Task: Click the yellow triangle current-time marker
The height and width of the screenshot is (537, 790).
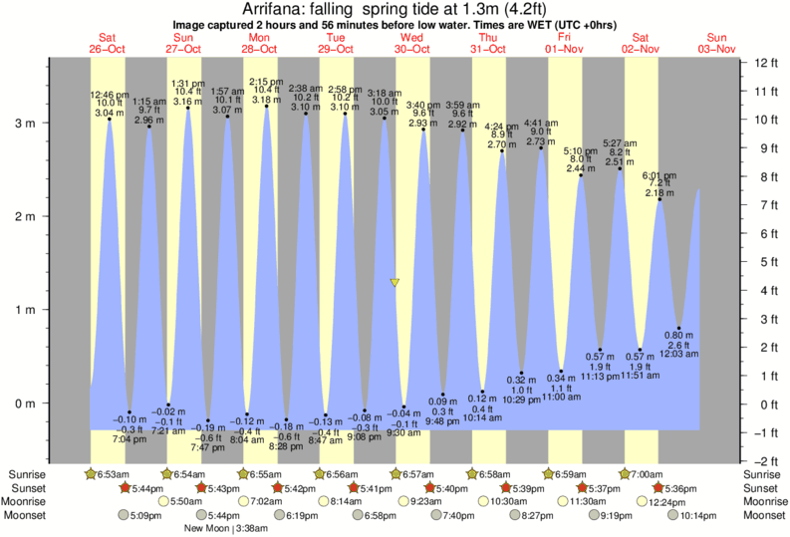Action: pyautogui.click(x=395, y=283)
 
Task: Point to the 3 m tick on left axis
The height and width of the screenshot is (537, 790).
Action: pyautogui.click(x=26, y=124)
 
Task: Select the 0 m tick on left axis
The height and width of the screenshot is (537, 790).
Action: pyautogui.click(x=26, y=403)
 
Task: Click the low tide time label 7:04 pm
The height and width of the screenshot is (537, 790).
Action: pyautogui.click(x=128, y=438)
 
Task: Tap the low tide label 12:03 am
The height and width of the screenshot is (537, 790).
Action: pyautogui.click(x=679, y=354)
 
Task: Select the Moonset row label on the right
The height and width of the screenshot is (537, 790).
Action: pyautogui.click(x=765, y=516)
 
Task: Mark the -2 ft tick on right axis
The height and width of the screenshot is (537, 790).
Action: pyautogui.click(x=765, y=461)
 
